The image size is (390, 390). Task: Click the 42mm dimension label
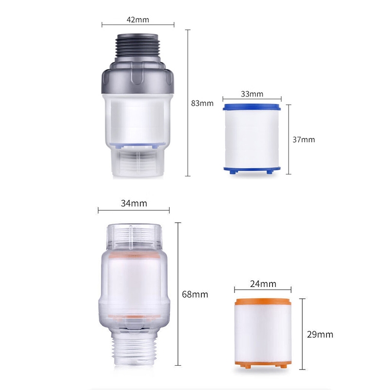click(138, 19)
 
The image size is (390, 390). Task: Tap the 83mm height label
click(202, 103)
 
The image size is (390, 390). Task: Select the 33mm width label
click(252, 94)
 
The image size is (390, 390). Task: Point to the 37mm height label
click(304, 139)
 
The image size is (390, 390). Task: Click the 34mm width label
click(134, 203)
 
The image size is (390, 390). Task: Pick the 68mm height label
click(195, 294)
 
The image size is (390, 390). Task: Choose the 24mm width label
click(263, 284)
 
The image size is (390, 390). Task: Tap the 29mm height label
click(320, 334)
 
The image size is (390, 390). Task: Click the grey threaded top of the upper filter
click(137, 48)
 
